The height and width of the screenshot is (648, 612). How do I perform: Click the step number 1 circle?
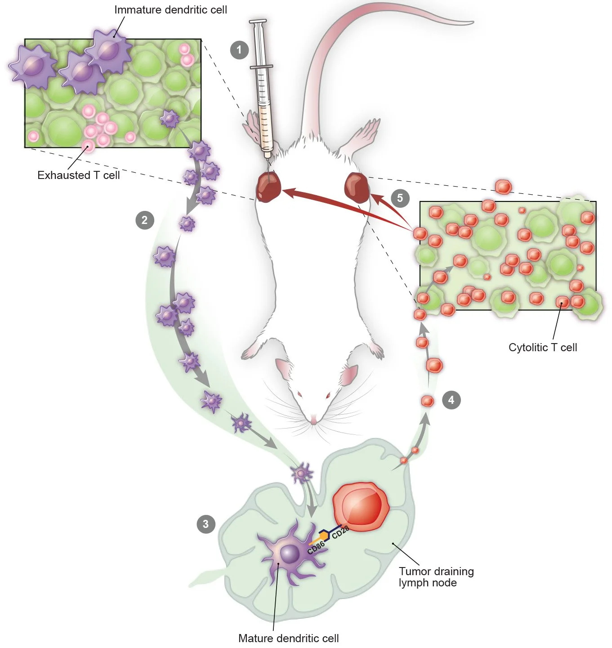pyautogui.click(x=239, y=49)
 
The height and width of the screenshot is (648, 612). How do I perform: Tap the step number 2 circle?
pyautogui.click(x=144, y=220)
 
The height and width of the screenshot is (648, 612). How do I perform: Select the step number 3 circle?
pyautogui.click(x=206, y=524)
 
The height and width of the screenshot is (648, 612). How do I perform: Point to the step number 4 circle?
pyautogui.click(x=451, y=399)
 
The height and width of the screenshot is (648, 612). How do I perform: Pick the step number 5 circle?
pyautogui.click(x=400, y=198)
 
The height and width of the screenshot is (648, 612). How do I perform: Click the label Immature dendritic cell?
pyautogui.click(x=170, y=9)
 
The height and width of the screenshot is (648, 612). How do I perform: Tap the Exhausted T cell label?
pyautogui.click(x=79, y=175)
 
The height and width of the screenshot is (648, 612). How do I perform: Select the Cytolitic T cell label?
pyautogui.click(x=543, y=347)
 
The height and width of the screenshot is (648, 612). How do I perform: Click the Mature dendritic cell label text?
pyautogui.click(x=288, y=638)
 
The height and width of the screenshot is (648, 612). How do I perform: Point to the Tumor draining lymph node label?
pyautogui.click(x=436, y=577)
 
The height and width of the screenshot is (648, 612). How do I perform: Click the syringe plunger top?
pyautogui.click(x=258, y=22)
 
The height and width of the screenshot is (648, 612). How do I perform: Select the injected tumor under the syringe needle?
pyautogui.click(x=269, y=187)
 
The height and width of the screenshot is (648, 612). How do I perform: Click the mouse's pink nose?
pyautogui.click(x=313, y=421)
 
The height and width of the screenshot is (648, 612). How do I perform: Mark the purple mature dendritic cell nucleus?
pyautogui.click(x=290, y=554)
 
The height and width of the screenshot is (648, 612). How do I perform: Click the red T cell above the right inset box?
pyautogui.click(x=503, y=186)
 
